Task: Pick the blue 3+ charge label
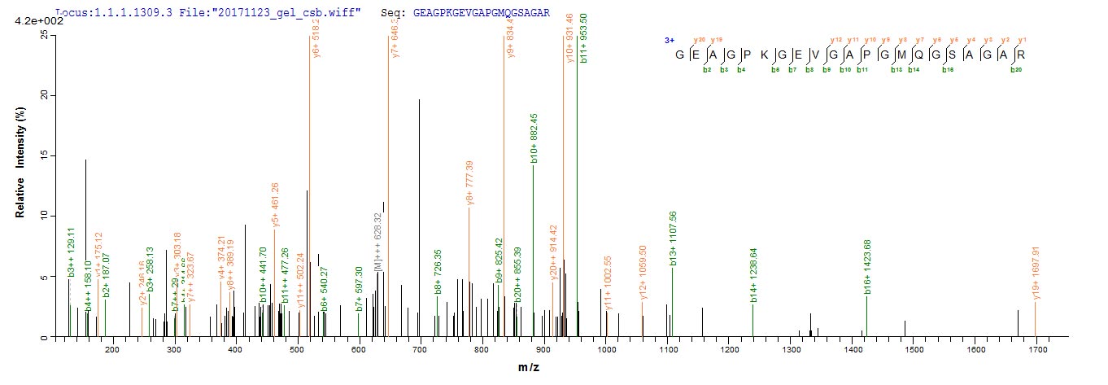pos(670,40)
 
